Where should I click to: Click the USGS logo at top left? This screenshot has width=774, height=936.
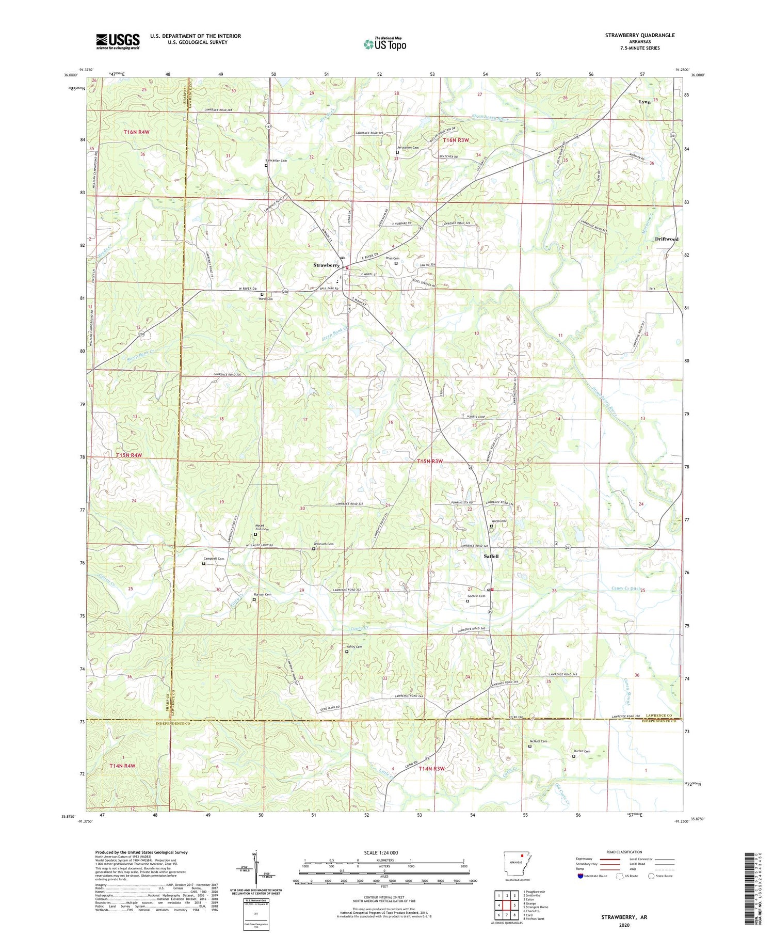[x=118, y=41]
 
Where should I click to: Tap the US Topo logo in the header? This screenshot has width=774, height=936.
[x=385, y=44]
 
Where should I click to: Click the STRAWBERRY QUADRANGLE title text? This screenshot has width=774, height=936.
[x=640, y=35]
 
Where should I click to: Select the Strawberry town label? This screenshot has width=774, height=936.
[x=326, y=265]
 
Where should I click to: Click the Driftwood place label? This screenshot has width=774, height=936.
[x=666, y=239]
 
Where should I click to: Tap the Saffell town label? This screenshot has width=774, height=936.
[x=491, y=557]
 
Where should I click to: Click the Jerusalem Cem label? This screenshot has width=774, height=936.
[x=408, y=148]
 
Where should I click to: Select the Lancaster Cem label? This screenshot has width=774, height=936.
[x=276, y=161]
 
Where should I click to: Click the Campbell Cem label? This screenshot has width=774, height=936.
[x=214, y=559]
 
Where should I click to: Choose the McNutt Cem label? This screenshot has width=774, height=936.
[x=538, y=741]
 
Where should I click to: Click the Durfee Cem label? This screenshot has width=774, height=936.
[x=582, y=751]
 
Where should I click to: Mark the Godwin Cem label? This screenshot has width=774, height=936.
[x=476, y=596]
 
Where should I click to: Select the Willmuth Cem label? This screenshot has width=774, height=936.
[x=324, y=544]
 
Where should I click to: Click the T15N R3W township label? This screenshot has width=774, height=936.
[x=430, y=461]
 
